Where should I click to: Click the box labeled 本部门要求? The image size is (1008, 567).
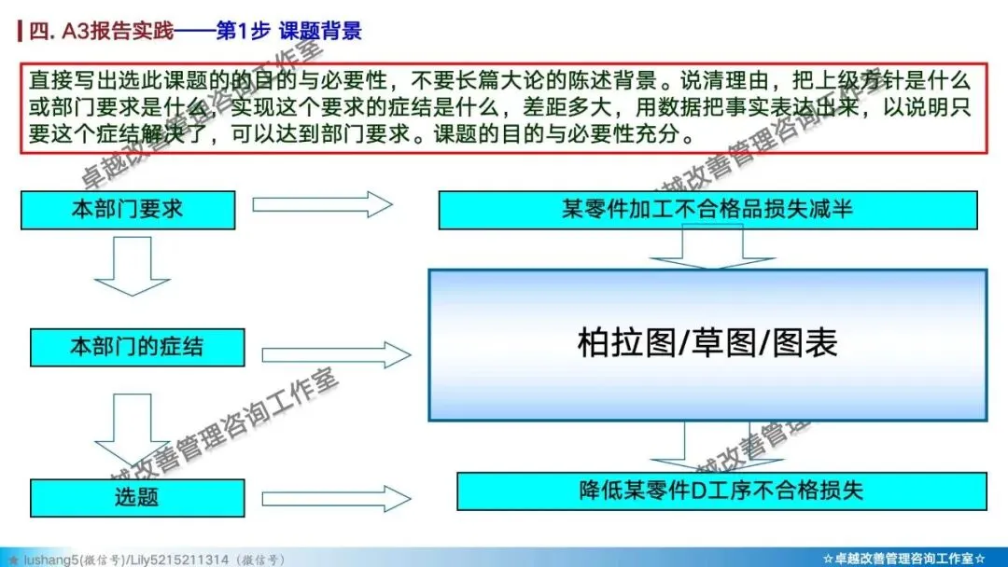coord(128,209)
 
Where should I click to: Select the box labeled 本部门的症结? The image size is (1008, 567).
coord(137,347)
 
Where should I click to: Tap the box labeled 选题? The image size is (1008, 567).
coord(137,496)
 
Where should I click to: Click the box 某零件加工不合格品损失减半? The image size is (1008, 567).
coord(707,209)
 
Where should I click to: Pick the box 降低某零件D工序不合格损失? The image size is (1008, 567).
coord(721,491)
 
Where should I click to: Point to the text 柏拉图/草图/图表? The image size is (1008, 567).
coord(707,343)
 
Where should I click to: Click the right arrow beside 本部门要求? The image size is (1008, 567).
coord(323,203)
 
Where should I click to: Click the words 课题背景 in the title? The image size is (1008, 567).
coord(320,30)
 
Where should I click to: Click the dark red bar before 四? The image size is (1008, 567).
coord(21,30)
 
